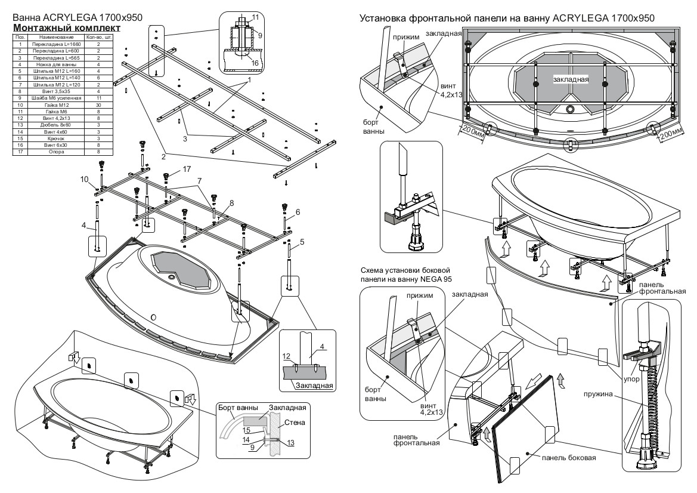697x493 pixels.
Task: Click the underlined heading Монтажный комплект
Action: coord(67,28)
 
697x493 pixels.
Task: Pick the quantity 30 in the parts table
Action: coord(98,104)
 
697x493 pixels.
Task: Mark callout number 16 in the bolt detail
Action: coord(255,62)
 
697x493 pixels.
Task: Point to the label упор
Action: coord(631,378)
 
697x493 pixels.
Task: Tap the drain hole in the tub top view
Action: coord(571,109)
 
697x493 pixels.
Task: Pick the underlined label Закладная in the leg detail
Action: coord(314,386)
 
